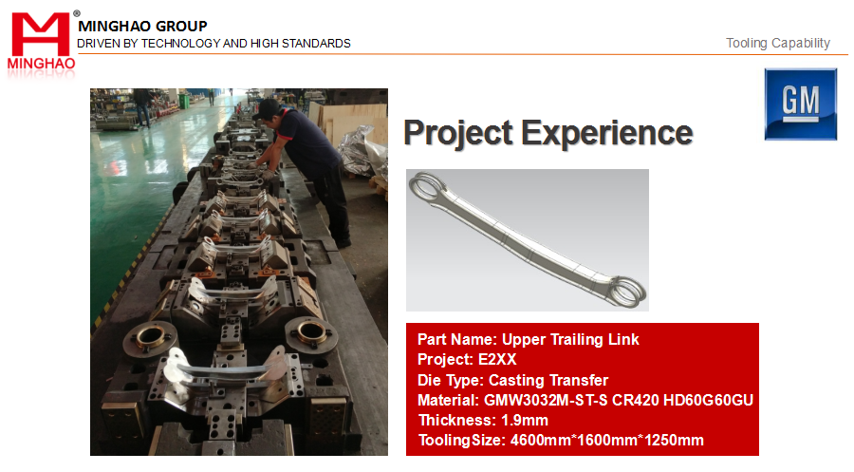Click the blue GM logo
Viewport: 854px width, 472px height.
pos(800,104)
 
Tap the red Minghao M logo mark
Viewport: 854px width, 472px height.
pos(41,34)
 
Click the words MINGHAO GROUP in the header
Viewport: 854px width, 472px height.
pos(142,27)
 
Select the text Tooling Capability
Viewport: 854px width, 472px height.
pos(778,43)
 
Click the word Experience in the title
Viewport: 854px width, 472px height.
pos(607,132)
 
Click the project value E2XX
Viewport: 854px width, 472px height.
pos(497,359)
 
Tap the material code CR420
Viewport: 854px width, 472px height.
pos(636,400)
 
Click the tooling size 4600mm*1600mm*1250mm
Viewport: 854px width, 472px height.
pos(606,441)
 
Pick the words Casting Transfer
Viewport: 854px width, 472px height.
pos(548,380)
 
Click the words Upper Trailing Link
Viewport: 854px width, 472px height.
pos(570,339)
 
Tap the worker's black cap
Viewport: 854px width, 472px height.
pos(267,108)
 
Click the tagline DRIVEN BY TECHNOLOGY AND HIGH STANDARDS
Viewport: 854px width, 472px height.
pos(214,44)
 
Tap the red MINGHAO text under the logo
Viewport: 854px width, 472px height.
pos(41,64)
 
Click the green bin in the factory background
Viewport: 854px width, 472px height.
pos(183,101)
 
